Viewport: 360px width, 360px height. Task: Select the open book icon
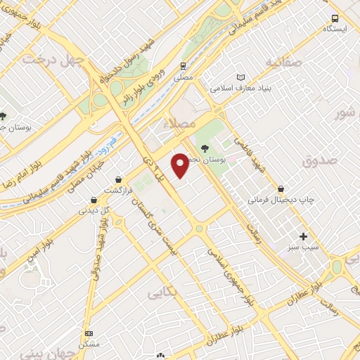pos(241,77)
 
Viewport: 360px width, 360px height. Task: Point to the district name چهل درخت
pos(53,60)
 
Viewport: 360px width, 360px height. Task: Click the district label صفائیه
pos(283,62)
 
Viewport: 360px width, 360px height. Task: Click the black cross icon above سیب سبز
pos(304,236)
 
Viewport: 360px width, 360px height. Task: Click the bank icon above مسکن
pos(88,333)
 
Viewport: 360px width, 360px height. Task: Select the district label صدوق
pos(316,162)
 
